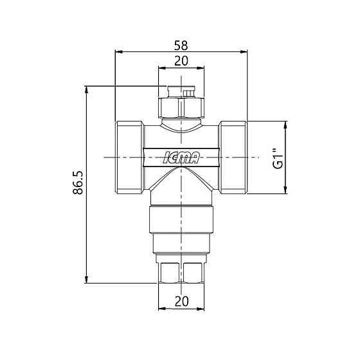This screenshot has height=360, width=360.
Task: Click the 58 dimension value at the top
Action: pos(181,46)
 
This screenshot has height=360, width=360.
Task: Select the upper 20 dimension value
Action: pos(181,61)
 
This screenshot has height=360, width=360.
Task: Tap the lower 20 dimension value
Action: pos(181,301)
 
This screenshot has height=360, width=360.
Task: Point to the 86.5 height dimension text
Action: pos(78,183)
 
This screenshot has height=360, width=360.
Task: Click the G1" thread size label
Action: pos(278,159)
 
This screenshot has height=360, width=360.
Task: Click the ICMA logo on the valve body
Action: pos(181,157)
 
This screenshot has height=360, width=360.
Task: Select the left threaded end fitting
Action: pos(130,157)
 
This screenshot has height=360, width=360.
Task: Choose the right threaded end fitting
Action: pos(233,157)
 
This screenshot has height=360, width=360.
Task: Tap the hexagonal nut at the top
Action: pos(181,107)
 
